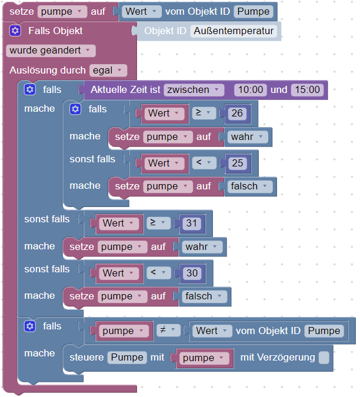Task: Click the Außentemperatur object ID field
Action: click(x=234, y=31)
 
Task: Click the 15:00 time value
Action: click(x=307, y=90)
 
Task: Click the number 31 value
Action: click(x=192, y=223)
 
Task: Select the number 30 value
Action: click(x=192, y=273)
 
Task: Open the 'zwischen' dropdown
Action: click(x=195, y=90)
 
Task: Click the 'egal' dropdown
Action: click(x=108, y=71)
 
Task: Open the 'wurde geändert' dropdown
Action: click(x=51, y=51)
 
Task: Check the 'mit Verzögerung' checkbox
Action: click(x=324, y=358)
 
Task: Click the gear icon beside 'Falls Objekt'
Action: click(x=15, y=31)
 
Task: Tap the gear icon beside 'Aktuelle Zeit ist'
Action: click(x=29, y=90)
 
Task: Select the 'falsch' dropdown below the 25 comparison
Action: click(x=250, y=186)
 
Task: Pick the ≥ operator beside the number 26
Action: click(x=204, y=114)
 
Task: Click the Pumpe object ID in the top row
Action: click(x=252, y=11)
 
